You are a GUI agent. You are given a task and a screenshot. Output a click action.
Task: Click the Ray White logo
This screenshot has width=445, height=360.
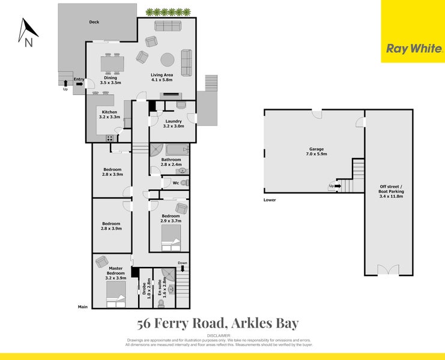pyautogui.click(x=413, y=49)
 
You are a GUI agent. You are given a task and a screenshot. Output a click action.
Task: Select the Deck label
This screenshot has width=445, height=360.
pyautogui.click(x=94, y=22)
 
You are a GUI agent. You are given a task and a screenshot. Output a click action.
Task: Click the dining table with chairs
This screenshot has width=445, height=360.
pyautogui.click(x=111, y=62)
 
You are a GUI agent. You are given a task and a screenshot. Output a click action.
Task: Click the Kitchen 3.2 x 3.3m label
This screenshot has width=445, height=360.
pyautogui.click(x=109, y=115)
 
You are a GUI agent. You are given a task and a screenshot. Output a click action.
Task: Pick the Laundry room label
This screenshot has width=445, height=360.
pyautogui.click(x=173, y=124)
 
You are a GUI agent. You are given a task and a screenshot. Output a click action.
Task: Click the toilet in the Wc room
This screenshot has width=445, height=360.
pyautogui.click(x=184, y=182)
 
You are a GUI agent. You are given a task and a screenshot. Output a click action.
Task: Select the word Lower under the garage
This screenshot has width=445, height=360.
pyautogui.click(x=270, y=200)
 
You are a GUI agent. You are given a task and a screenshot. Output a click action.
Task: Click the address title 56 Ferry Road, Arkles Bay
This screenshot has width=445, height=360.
pyautogui.click(x=218, y=324)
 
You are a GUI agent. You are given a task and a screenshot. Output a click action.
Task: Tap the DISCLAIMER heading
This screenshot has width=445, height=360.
pyautogui.click(x=219, y=335)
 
